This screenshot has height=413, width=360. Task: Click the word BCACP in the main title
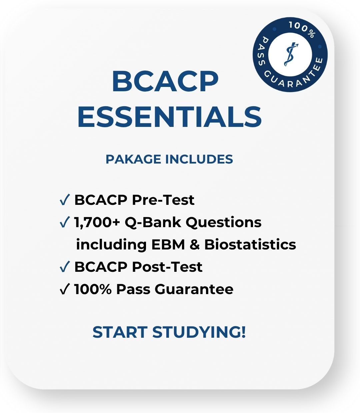165,82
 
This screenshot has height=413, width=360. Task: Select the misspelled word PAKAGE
133,159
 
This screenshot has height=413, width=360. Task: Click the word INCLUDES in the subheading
199,159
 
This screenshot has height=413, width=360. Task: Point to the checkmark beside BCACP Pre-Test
64,200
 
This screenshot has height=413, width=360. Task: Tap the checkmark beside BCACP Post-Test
64,267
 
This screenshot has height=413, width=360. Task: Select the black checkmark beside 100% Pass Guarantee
64,289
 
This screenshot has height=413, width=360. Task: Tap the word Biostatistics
250,244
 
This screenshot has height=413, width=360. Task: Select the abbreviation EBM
168,244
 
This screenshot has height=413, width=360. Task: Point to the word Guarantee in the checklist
194,289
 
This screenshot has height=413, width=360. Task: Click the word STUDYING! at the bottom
199,332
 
